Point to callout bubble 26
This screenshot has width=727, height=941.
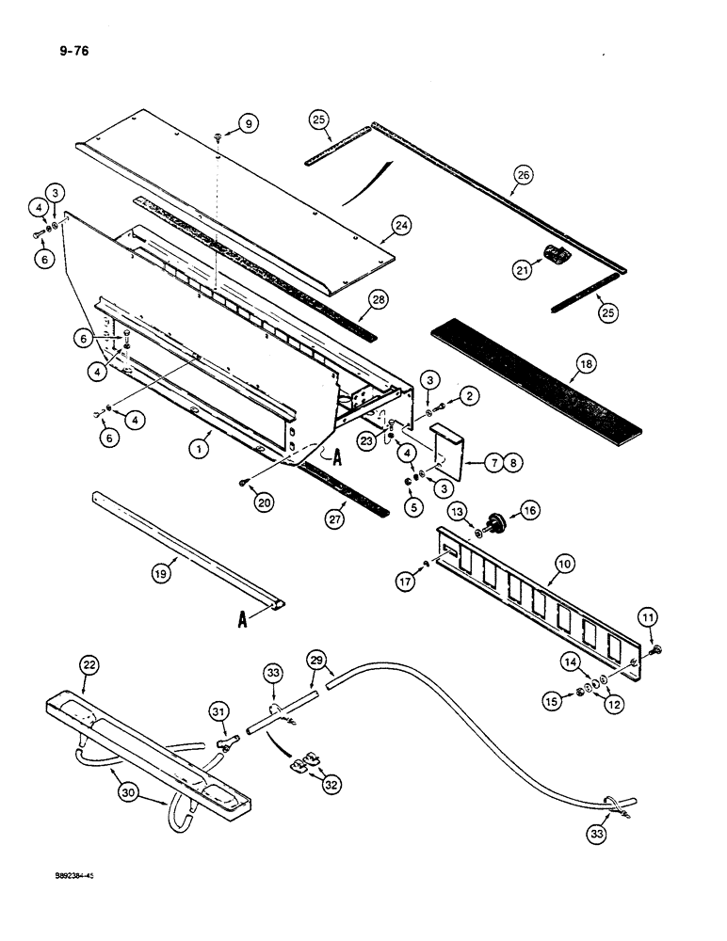(x=521, y=173)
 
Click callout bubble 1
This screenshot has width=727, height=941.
(x=199, y=450)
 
